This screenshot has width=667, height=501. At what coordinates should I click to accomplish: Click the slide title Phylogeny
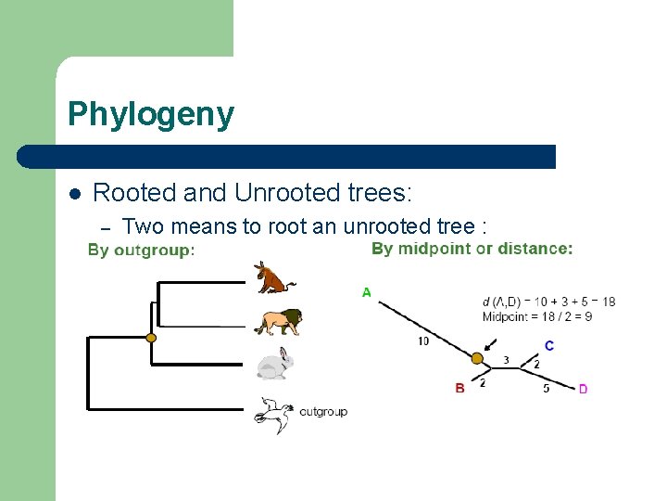[151, 115]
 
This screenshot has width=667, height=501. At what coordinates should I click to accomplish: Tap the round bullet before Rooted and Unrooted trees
[75, 194]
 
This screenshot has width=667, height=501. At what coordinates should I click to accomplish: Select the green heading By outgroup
[141, 250]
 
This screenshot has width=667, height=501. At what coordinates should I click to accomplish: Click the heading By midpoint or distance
[472, 249]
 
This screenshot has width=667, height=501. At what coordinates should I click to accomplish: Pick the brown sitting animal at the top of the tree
[274, 277]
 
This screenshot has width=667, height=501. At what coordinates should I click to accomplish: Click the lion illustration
[278, 321]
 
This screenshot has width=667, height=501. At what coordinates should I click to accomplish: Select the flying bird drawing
[274, 414]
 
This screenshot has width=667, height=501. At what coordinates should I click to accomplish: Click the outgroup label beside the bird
[322, 411]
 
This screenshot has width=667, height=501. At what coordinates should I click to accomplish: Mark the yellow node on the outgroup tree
[151, 338]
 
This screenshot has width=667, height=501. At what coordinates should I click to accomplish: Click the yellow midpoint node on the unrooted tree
[477, 358]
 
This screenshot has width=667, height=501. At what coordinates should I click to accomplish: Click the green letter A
[366, 292]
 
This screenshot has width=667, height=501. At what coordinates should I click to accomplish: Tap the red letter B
[460, 388]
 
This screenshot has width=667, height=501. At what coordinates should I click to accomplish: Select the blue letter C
[549, 346]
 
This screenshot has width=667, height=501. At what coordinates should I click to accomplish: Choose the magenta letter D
[583, 389]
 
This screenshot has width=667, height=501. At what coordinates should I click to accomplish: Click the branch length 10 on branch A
[423, 341]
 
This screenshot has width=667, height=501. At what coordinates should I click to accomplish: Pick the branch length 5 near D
[546, 388]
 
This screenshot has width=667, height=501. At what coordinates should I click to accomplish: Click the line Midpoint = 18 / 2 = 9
[536, 316]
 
